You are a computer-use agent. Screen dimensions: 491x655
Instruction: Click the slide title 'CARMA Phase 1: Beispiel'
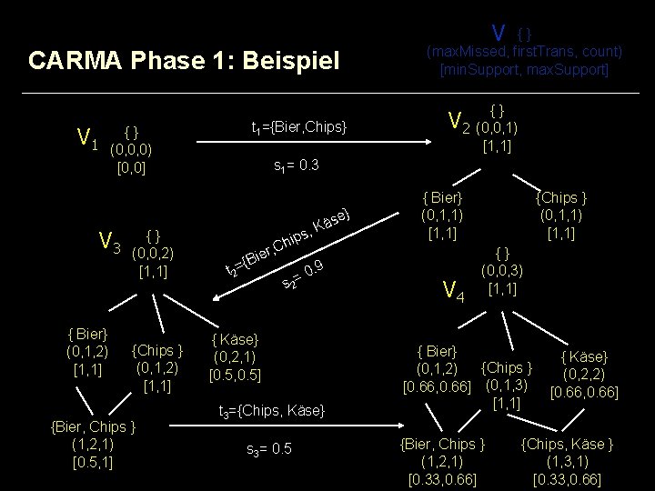pos(184,61)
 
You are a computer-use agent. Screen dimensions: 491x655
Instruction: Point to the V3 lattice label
pos(110,242)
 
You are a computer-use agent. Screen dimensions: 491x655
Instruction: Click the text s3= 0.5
pos(269,449)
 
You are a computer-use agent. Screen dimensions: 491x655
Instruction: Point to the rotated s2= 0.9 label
pos(304,276)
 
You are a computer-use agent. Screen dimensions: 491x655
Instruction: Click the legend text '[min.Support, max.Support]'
pos(523,69)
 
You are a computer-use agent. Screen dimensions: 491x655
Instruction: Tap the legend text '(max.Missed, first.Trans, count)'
pos(524,51)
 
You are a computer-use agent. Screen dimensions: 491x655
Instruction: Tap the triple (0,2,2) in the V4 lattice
pos(584,374)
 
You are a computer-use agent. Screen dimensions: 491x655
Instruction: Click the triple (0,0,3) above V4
pos(502,271)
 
